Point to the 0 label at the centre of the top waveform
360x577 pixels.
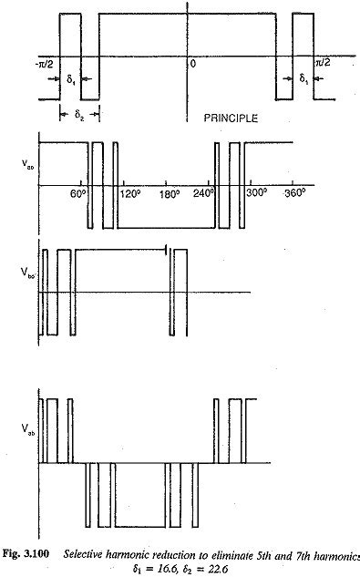(192, 64)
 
